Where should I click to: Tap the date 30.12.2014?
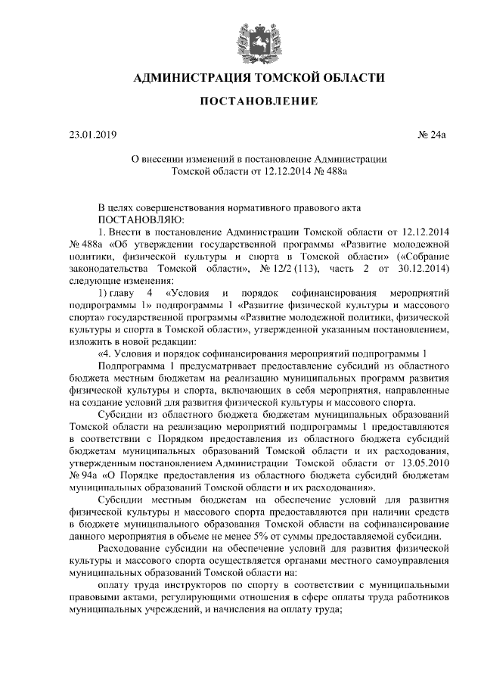pos(424,268)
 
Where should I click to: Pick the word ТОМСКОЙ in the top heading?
pos(284,78)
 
